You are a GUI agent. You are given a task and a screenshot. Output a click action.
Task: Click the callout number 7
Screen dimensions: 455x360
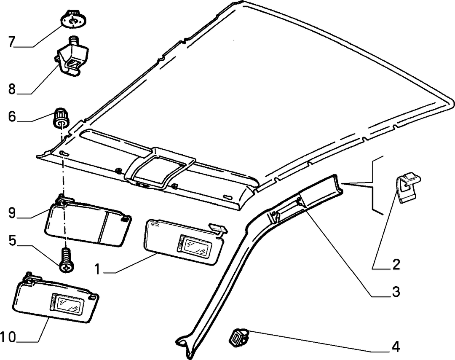pos(12,41)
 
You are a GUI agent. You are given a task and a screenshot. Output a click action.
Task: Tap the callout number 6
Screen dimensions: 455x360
pos(12,117)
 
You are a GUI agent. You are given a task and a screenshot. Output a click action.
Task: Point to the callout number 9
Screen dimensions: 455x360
pos(12,213)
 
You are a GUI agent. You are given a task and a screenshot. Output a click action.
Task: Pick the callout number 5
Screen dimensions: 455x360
pos(12,240)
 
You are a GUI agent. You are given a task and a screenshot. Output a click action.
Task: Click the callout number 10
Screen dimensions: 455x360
pos(8,337)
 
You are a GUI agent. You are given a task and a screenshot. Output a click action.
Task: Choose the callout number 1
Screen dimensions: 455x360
pos(98,269)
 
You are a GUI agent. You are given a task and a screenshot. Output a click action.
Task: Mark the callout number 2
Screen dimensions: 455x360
pos(396,264)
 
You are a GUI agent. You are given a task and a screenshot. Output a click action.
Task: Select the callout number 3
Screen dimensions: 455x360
pos(396,291)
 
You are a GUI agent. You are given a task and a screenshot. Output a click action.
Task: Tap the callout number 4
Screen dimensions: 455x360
pos(396,347)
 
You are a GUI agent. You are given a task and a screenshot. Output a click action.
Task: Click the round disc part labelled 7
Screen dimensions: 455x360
pos(73,19)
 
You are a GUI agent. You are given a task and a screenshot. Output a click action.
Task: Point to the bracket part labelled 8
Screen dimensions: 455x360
pos(72,56)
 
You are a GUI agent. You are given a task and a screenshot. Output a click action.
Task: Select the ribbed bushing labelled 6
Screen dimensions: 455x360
pos(61,118)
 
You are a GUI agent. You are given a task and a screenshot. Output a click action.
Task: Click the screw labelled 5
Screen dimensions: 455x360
pos(67,260)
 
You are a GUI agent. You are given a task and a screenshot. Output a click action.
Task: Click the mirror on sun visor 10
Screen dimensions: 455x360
pos(67,304)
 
